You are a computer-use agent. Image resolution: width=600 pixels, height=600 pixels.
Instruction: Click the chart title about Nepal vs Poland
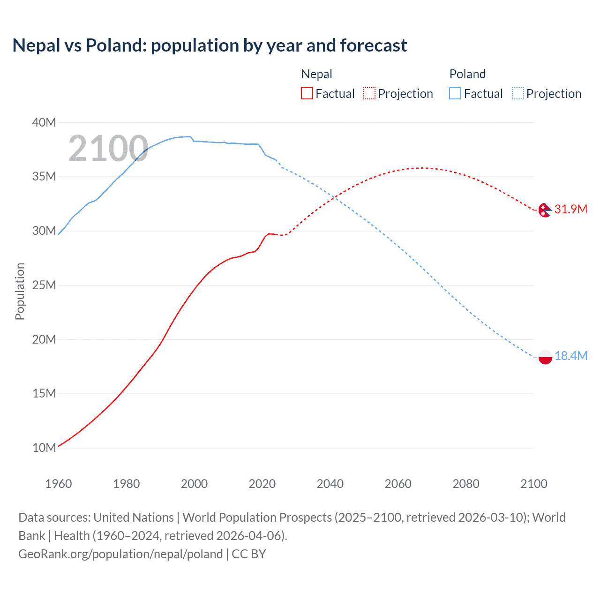tap(210, 45)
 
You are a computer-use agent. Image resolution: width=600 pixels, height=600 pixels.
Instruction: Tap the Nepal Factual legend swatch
tap(307, 93)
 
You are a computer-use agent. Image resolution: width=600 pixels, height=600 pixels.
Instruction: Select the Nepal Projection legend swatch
tap(369, 93)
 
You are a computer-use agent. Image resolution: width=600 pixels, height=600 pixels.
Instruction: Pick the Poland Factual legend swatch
tap(455, 93)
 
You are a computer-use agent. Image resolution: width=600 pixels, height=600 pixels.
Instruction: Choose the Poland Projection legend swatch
tap(517, 93)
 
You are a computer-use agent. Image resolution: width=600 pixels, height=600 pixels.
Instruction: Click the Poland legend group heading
tap(467, 74)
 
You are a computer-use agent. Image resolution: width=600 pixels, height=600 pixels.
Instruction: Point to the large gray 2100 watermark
tap(108, 149)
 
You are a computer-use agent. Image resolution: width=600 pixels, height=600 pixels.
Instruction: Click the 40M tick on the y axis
tap(44, 122)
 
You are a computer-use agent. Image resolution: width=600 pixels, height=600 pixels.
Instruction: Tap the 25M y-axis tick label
tap(44, 285)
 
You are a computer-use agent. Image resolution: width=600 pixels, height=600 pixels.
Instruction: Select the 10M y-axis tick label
tap(44, 448)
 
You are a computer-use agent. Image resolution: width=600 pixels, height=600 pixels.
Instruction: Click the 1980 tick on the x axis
tap(126, 484)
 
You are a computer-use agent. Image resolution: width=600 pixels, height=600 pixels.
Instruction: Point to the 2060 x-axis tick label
tap(398, 484)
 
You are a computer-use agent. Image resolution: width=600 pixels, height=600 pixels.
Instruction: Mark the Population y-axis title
tap(20, 291)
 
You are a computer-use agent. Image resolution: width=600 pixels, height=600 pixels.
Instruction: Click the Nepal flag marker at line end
tap(545, 210)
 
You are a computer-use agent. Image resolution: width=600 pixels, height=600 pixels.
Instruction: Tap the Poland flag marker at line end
tap(545, 357)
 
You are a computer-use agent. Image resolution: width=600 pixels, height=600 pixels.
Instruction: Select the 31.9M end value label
tap(570, 209)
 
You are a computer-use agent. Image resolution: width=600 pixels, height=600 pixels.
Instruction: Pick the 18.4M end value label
tap(570, 356)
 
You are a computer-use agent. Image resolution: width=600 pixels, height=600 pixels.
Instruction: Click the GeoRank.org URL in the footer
tap(120, 554)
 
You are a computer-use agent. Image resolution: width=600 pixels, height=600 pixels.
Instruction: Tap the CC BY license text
tap(249, 554)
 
